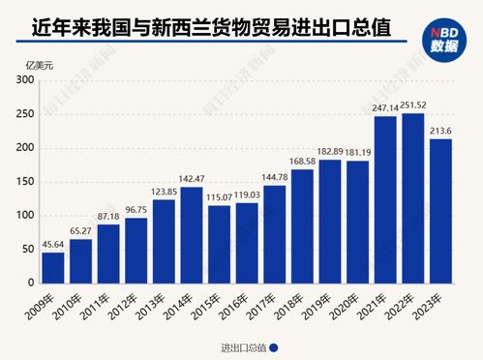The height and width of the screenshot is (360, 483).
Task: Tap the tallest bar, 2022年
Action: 414,198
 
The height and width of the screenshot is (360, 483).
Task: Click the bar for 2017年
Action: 275,234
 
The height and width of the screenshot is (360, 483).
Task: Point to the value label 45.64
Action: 52,245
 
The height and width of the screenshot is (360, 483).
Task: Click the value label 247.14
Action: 386,107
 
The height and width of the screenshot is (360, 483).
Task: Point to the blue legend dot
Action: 275,348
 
